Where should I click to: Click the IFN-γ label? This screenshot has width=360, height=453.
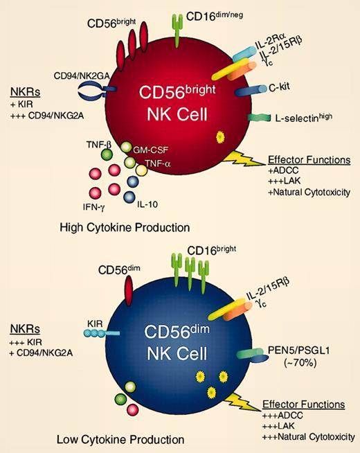pyautogui.click(x=96, y=206)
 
